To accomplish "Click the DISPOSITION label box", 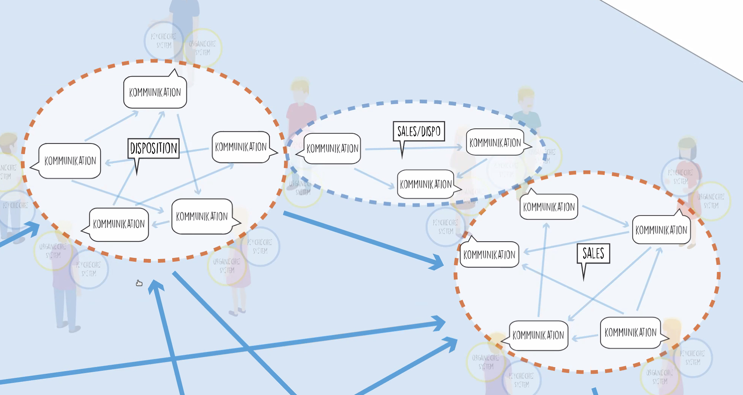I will (x=154, y=148).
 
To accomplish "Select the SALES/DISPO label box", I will (x=419, y=131).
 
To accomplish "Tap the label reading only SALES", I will (x=593, y=253).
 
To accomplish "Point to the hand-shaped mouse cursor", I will (x=139, y=283).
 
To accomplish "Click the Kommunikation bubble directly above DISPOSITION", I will (x=155, y=92).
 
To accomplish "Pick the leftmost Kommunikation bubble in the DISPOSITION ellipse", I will (x=70, y=161).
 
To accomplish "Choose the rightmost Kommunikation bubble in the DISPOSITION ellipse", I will (x=241, y=147).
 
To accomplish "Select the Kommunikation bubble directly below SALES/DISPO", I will (x=426, y=184).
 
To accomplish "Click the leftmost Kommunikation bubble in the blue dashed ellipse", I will (x=332, y=148).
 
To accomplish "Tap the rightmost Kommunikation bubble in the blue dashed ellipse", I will (x=495, y=142).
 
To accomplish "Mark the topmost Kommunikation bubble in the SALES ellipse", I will (x=549, y=207).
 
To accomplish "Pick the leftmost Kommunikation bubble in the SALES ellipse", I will (x=489, y=254).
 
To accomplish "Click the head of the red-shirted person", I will (x=300, y=91).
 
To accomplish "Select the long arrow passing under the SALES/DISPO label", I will (x=413, y=148).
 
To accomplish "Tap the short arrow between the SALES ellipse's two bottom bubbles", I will (x=585, y=337).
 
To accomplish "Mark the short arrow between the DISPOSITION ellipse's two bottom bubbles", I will (x=160, y=223).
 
